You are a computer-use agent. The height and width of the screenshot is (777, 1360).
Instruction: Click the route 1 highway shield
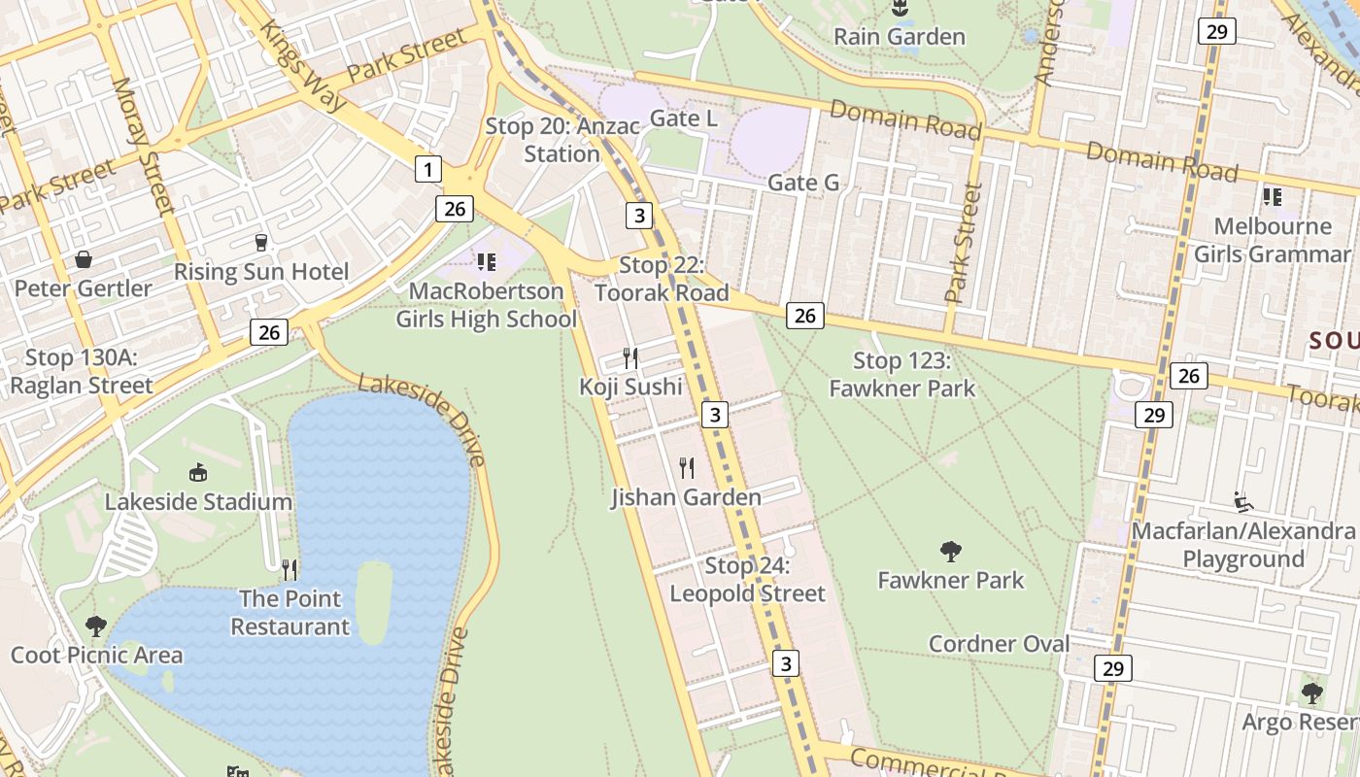pos(427,169)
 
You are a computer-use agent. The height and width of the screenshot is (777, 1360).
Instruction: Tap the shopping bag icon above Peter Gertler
pos(84,259)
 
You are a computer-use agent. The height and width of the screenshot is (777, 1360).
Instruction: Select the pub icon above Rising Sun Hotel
pos(260,242)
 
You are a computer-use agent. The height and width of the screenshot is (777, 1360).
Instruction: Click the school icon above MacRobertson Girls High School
pos(487,261)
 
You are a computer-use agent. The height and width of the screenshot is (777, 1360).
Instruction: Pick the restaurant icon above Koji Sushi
pos(630,357)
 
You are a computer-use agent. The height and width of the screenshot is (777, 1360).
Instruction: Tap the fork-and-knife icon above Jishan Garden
pos(687,468)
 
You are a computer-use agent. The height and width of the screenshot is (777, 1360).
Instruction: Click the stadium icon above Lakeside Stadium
pos(198,473)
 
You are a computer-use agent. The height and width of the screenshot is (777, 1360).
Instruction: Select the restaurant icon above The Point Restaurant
pos(289,569)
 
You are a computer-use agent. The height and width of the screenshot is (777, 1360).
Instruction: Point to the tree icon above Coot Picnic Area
pos(95,625)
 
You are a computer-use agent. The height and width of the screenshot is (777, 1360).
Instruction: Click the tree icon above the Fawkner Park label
pos(951,552)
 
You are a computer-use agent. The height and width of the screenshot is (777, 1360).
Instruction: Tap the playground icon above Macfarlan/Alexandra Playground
pos(1242,501)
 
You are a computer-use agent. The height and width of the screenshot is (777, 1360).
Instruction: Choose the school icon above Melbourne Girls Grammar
pos(1272,197)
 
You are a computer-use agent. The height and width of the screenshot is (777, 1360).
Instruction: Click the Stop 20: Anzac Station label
pos(562,140)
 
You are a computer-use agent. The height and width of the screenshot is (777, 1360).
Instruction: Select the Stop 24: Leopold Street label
pos(747,580)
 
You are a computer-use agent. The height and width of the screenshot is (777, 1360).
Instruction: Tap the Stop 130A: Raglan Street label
pos(82,371)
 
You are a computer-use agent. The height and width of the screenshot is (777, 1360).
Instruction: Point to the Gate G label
pos(803,183)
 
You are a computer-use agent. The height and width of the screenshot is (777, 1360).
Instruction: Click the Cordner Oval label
pos(999,644)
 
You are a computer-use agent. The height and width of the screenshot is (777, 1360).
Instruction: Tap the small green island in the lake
pos(373,602)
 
